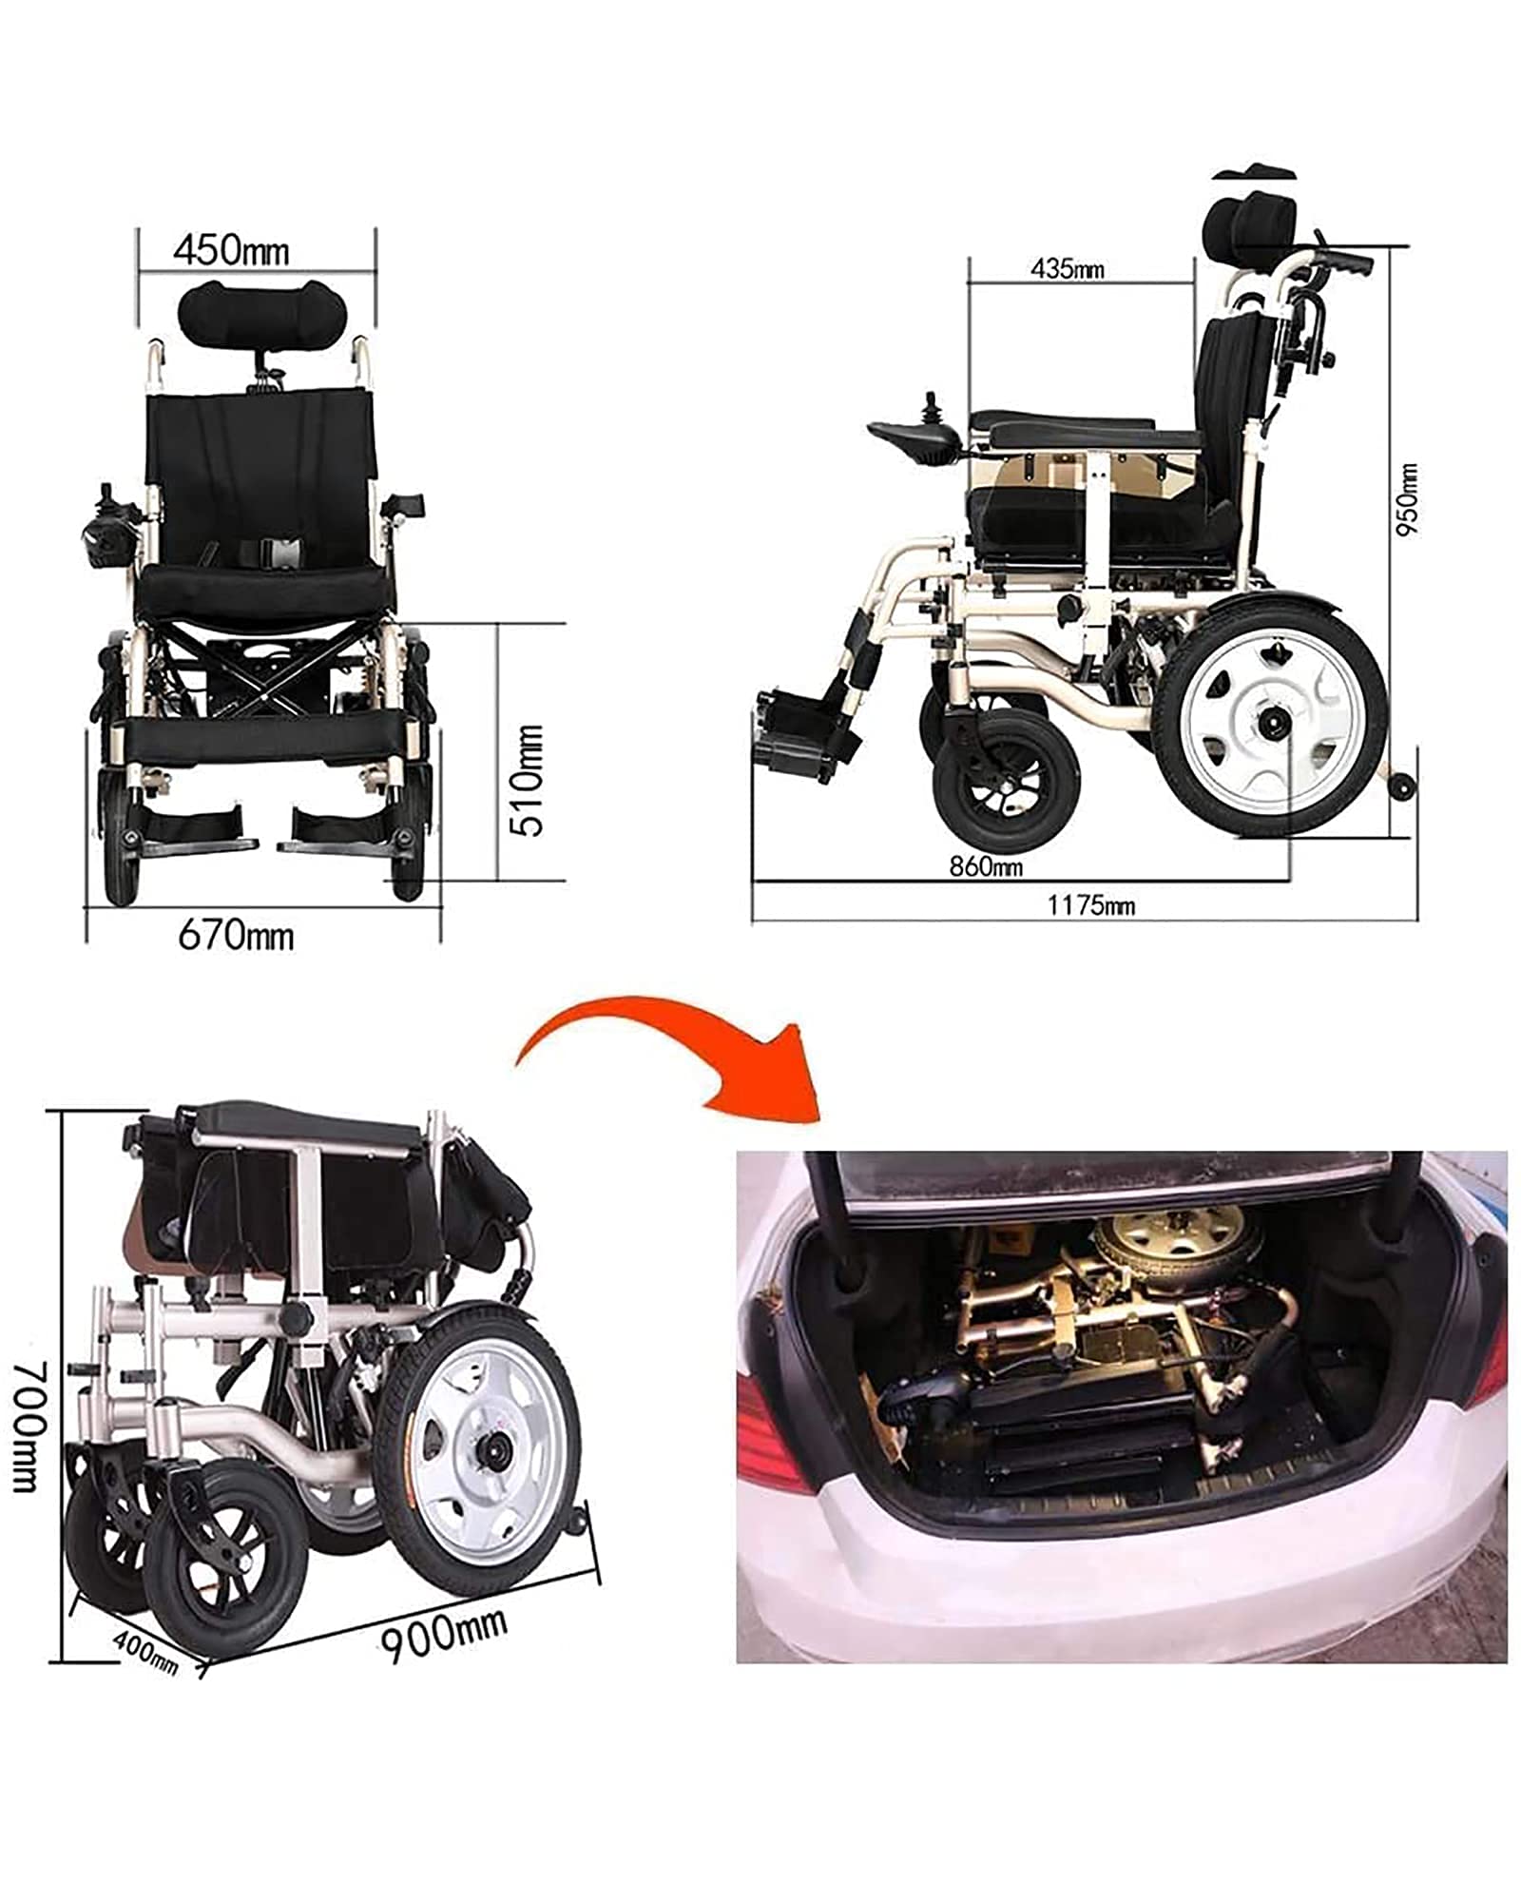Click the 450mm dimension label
coord(231,251)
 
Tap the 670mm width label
coord(236,936)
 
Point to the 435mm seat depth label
coord(1068,269)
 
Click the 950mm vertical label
coord(1407,499)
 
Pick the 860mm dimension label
coord(986,866)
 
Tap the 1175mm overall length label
coord(1091,905)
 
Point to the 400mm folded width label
coord(145,1651)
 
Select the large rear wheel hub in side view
coord(1270,725)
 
